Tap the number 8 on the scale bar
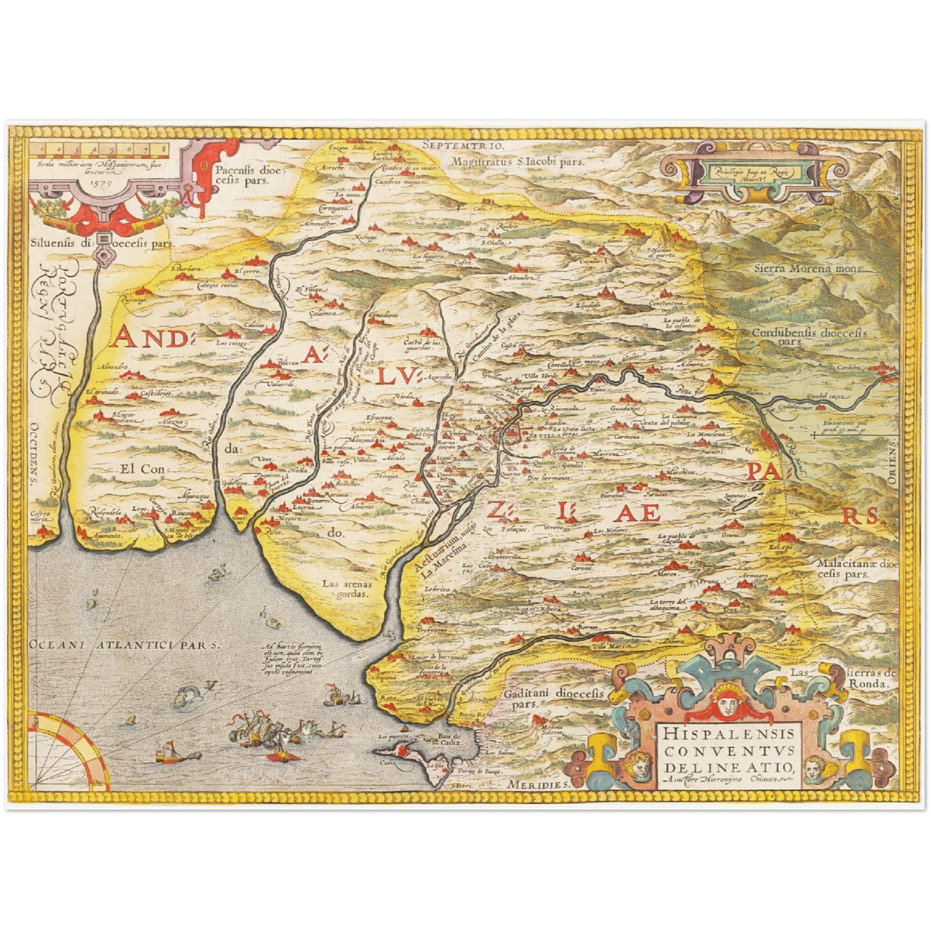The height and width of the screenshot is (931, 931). pos(164,149)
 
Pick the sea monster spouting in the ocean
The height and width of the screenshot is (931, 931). pos(187,697)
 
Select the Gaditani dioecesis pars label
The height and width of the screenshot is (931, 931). pos(553,698)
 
